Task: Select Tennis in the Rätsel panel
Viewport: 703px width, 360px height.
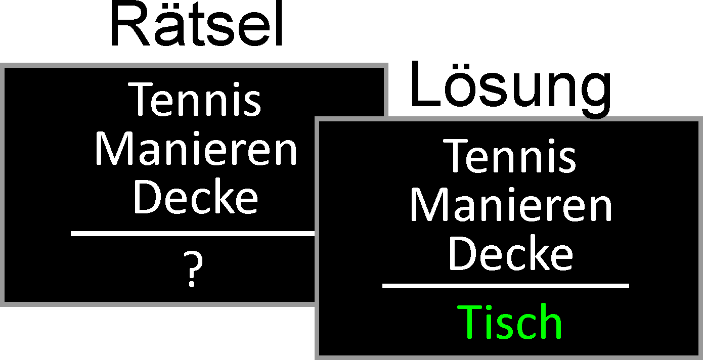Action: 196,100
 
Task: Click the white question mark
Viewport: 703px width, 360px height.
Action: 193,269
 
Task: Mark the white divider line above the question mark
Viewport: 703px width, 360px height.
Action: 192,234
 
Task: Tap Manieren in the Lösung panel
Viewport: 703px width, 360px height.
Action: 511,205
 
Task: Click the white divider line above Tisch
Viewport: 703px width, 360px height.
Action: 505,286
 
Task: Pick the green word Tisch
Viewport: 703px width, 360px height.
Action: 510,322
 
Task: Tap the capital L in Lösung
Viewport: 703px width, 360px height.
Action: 424,86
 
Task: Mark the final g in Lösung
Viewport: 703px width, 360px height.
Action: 594,94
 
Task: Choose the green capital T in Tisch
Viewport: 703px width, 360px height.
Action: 470,322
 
